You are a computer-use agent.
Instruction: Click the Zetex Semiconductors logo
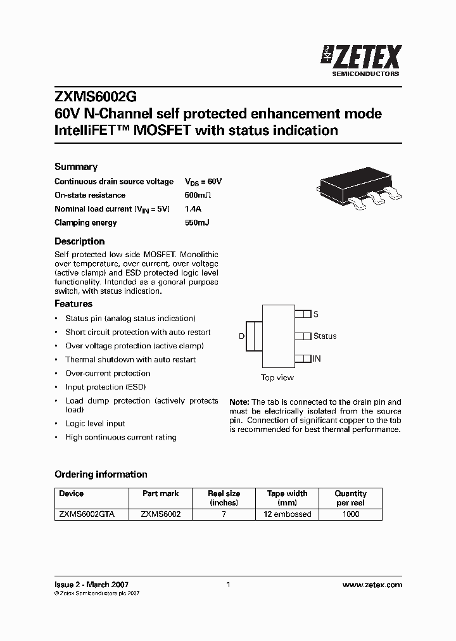click(x=362, y=60)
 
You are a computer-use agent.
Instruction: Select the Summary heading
click(x=76, y=167)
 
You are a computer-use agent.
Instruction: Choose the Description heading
click(x=79, y=241)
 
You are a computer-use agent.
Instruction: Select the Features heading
click(x=73, y=304)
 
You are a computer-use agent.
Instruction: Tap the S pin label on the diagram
click(x=316, y=314)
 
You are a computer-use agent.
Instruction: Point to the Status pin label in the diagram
click(x=325, y=336)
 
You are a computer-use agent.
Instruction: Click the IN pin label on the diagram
click(x=317, y=359)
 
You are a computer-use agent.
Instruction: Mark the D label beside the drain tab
click(x=241, y=336)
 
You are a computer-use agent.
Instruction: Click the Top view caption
click(x=277, y=378)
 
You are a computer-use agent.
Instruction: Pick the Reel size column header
click(x=224, y=498)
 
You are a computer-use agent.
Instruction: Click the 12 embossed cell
click(x=287, y=514)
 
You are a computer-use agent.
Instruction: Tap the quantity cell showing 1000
click(x=350, y=514)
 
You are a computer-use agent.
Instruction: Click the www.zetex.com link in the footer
click(x=372, y=585)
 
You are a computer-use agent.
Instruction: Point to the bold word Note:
click(x=239, y=402)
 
